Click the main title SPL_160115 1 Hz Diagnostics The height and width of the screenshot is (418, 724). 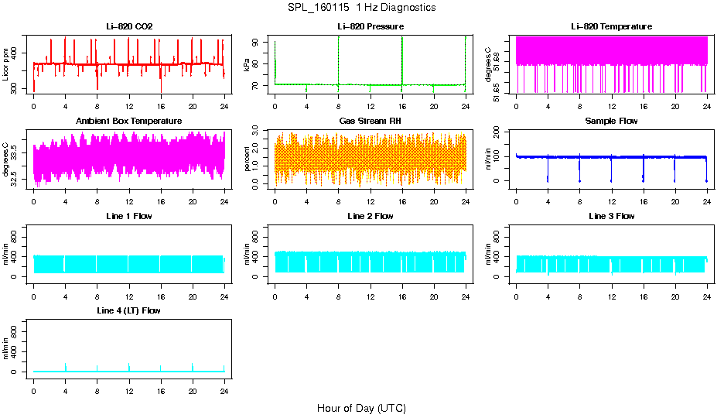[361, 8]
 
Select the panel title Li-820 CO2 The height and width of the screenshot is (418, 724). [129, 26]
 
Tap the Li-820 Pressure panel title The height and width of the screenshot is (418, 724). [370, 26]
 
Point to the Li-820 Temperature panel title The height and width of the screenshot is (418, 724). [611, 26]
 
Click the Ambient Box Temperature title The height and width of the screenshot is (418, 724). [129, 121]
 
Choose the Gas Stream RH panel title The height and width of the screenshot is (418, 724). [370, 121]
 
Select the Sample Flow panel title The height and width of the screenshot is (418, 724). [611, 121]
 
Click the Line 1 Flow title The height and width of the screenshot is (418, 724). [129, 216]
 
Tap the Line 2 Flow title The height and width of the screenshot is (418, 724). [370, 216]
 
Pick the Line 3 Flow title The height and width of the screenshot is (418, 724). [611, 216]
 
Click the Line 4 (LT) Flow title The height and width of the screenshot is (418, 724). [129, 310]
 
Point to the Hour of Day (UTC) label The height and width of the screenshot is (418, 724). [361, 408]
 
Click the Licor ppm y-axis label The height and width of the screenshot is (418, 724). [6, 64]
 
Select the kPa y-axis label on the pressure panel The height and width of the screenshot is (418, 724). [248, 64]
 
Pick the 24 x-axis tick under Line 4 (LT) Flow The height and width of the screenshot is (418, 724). [224, 382]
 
